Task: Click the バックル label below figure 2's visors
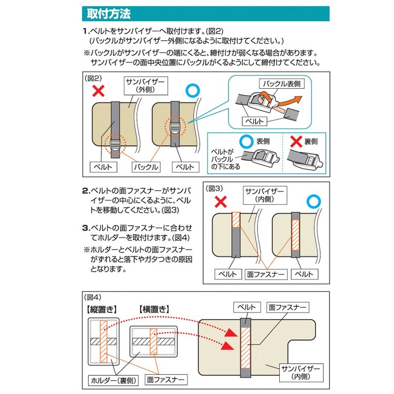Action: tap(145, 167)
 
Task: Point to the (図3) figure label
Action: tap(215, 188)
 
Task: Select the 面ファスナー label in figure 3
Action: tap(266, 274)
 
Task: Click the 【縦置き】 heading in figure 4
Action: tap(101, 309)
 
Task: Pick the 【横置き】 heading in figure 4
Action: tap(154, 309)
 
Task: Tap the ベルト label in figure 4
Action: tap(245, 307)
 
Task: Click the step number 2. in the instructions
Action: tap(85, 191)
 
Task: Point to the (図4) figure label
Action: tap(94, 297)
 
